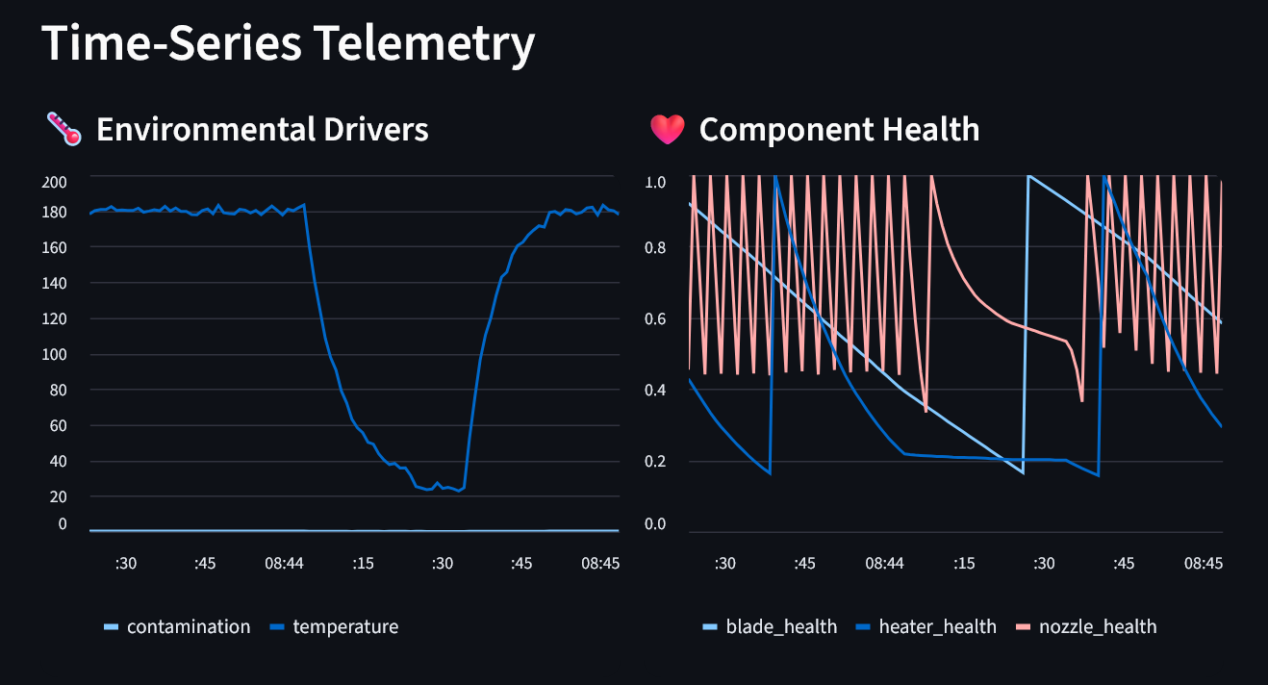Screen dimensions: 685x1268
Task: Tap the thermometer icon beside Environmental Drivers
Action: click(x=63, y=129)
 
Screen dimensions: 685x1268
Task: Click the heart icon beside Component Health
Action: click(x=667, y=129)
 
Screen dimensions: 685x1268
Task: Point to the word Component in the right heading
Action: click(x=775, y=129)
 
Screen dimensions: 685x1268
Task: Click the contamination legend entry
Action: click(x=188, y=627)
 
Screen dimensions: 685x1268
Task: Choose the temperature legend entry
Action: click(x=344, y=627)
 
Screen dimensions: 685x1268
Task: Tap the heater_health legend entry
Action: click(x=937, y=627)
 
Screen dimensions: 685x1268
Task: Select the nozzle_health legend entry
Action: click(x=1096, y=627)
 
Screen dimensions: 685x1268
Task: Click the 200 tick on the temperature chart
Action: click(x=55, y=182)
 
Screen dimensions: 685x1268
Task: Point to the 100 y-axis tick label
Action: click(x=55, y=354)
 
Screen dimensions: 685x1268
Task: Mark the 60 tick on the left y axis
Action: click(x=59, y=425)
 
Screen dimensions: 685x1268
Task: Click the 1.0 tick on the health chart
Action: click(x=654, y=182)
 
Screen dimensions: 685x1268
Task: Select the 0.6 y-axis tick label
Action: click(x=654, y=319)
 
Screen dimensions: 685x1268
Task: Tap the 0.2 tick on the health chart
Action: click(x=654, y=461)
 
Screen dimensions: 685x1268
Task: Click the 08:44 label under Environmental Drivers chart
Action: click(x=284, y=563)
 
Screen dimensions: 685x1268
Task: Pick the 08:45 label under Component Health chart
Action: click(x=1203, y=563)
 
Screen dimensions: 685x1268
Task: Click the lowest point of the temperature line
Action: click(x=459, y=491)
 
